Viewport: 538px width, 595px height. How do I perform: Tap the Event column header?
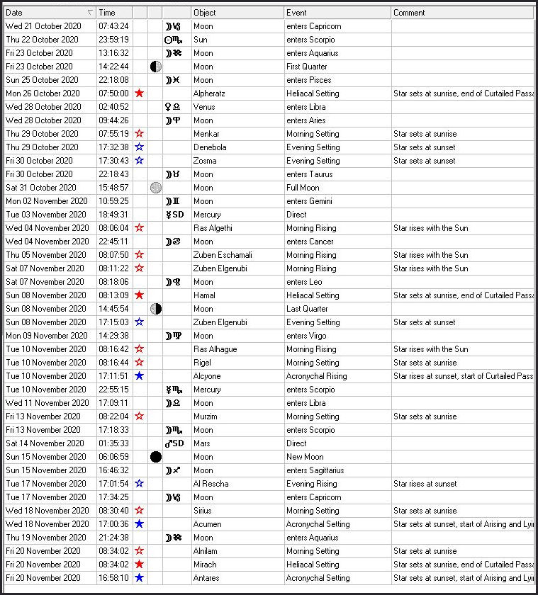click(x=337, y=13)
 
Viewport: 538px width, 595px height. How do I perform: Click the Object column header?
click(x=237, y=13)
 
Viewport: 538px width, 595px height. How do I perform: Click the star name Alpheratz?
click(x=211, y=93)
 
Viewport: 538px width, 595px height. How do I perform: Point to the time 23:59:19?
click(x=113, y=40)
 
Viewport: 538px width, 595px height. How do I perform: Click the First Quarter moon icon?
click(x=155, y=67)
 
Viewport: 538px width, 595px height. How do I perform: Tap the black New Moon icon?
click(x=155, y=457)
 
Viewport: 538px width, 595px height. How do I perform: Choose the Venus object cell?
click(x=203, y=107)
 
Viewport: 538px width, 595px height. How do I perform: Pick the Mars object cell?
click(x=201, y=443)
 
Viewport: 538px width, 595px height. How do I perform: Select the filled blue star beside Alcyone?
click(x=140, y=376)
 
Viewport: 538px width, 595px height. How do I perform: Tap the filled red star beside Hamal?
click(x=140, y=295)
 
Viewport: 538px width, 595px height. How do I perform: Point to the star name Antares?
click(x=206, y=578)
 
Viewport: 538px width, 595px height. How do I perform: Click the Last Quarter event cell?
click(x=307, y=309)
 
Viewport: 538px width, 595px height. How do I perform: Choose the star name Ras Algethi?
click(x=213, y=228)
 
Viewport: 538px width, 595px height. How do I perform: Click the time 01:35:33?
click(x=113, y=443)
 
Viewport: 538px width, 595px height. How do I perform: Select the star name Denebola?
click(x=210, y=147)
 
